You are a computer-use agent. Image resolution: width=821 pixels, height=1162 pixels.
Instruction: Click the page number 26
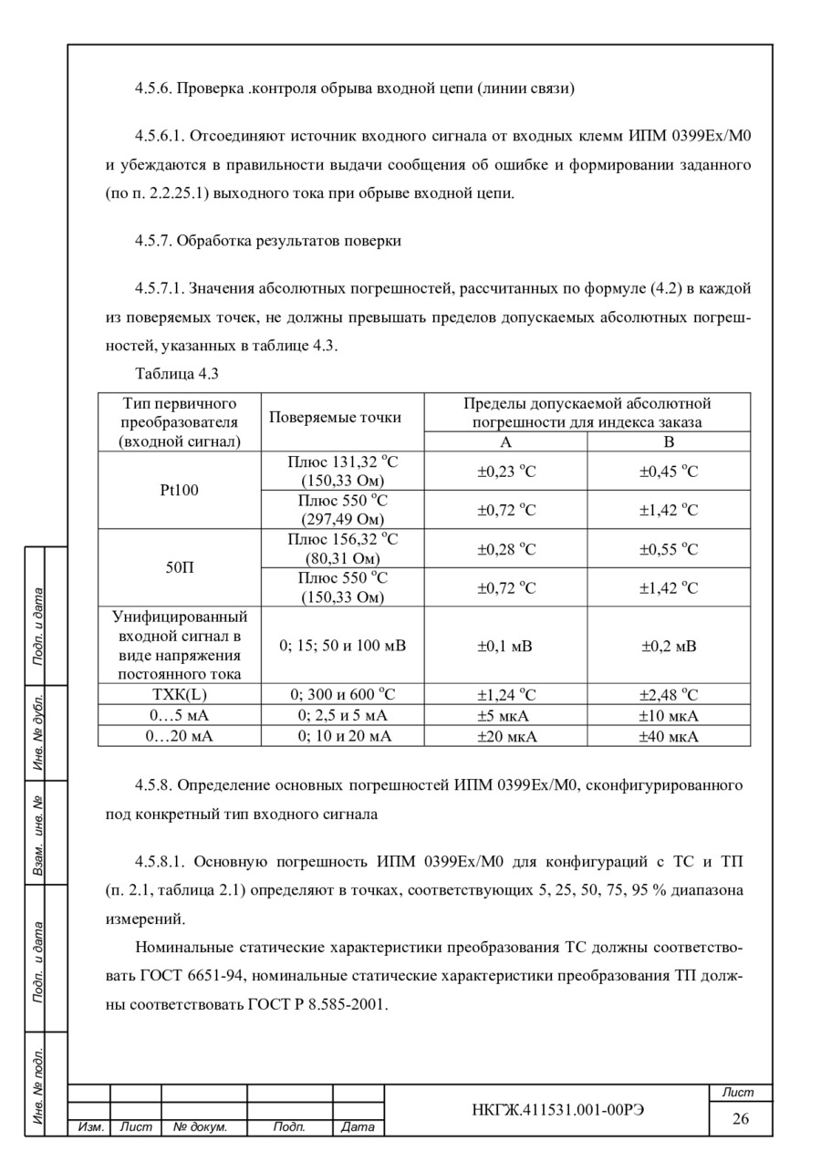coord(741,1118)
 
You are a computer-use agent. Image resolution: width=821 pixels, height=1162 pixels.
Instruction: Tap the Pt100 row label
coord(179,490)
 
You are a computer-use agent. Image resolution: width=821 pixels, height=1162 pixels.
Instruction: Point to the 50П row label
coord(179,567)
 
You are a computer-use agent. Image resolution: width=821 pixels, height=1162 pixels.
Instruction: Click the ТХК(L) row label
coord(179,694)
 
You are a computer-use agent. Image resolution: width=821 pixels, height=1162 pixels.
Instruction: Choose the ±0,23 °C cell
coord(506,472)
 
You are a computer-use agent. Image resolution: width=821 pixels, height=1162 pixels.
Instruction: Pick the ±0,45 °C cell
coord(669,472)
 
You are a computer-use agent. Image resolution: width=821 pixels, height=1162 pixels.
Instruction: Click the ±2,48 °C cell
coord(669,694)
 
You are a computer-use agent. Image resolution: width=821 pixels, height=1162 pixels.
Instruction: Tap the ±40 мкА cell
coord(669,736)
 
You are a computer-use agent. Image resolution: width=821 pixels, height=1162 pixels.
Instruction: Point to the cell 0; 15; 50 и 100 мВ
coord(342,646)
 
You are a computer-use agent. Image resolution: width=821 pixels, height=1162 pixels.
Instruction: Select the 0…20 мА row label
coord(179,736)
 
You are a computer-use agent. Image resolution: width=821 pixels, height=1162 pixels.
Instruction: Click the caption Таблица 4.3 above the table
coord(177,373)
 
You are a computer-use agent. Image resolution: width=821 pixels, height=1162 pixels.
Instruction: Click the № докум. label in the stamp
coord(200,1127)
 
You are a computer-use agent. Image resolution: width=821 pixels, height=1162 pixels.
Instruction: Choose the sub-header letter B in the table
coord(669,441)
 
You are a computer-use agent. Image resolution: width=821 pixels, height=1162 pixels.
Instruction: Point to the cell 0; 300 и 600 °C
coord(342,694)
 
